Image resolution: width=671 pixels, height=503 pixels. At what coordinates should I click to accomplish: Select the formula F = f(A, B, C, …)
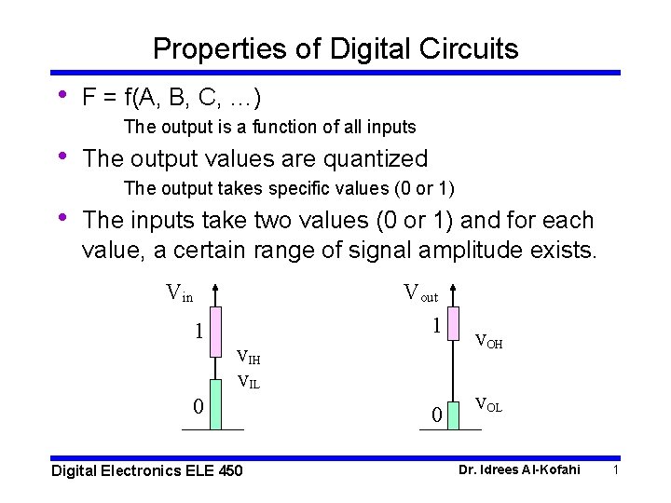point(171,97)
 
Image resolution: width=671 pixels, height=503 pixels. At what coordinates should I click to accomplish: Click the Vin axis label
point(179,293)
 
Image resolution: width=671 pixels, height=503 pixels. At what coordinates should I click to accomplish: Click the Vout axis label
point(420,293)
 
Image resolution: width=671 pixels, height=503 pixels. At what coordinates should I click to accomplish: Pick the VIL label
point(248,380)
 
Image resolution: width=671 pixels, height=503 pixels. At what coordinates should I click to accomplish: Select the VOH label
point(488,342)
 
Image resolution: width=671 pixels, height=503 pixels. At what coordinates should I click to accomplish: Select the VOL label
point(488,404)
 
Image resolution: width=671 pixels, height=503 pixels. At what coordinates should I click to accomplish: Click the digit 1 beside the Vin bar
point(198,331)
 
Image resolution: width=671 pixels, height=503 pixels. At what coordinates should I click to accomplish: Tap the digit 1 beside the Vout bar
point(435,326)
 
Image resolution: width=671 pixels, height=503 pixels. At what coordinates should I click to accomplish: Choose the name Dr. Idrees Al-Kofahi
point(519,469)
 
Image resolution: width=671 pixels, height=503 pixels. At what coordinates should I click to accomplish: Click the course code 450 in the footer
point(229,470)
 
